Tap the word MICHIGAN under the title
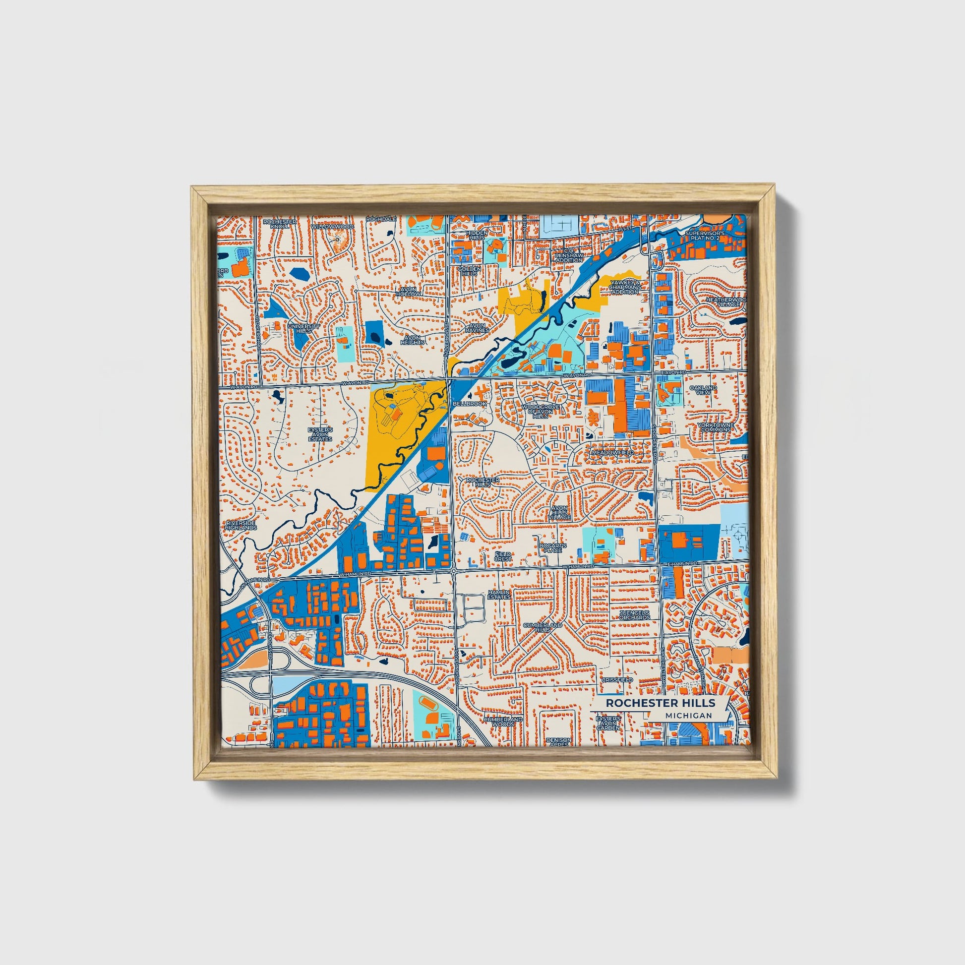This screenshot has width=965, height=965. pyautogui.click(x=688, y=715)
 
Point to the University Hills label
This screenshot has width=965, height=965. pyautogui.click(x=300, y=328)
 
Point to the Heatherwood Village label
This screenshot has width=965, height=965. pyautogui.click(x=725, y=302)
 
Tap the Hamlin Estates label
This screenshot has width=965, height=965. pyautogui.click(x=499, y=594)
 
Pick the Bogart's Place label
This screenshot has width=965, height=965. pyautogui.click(x=553, y=548)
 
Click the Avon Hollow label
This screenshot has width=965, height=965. pyautogui.click(x=409, y=291)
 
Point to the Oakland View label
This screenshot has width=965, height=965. pyautogui.click(x=703, y=390)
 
